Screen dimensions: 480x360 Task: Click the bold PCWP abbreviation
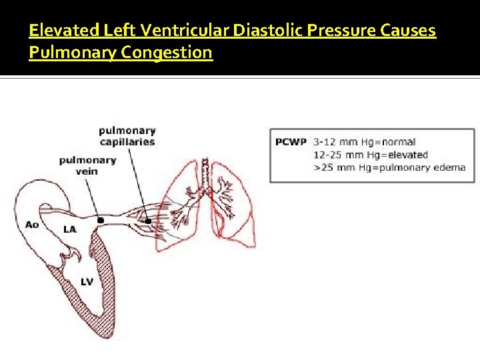click(x=290, y=141)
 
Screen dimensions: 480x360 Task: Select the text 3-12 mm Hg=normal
click(x=364, y=141)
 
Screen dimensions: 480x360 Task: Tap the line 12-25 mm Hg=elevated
click(x=370, y=155)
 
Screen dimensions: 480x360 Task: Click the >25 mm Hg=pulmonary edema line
click(x=389, y=167)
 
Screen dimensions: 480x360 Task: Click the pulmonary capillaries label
click(x=127, y=135)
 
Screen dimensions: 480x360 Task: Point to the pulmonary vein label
click(x=87, y=165)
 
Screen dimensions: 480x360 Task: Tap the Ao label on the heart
click(x=31, y=225)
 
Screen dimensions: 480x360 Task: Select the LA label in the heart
click(x=69, y=229)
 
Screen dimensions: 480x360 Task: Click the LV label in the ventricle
click(x=87, y=282)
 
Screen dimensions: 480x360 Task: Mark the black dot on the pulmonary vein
click(x=101, y=219)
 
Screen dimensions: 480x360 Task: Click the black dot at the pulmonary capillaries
click(x=148, y=220)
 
